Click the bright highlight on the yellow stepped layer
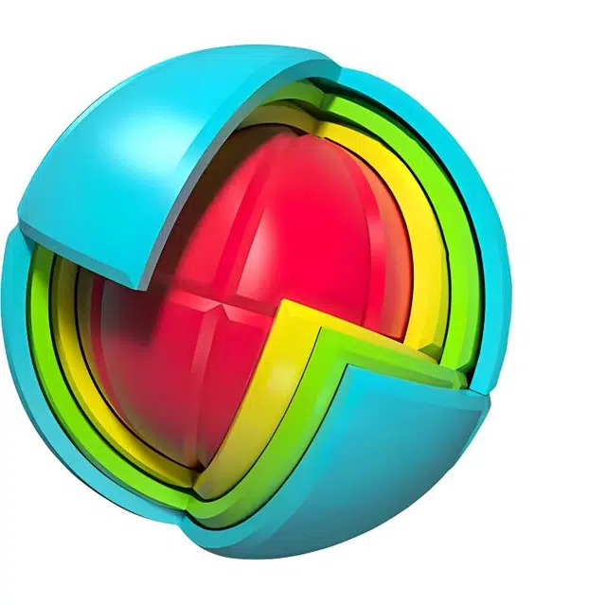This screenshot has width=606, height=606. (275, 379)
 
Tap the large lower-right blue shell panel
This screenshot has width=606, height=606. (398, 454)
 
